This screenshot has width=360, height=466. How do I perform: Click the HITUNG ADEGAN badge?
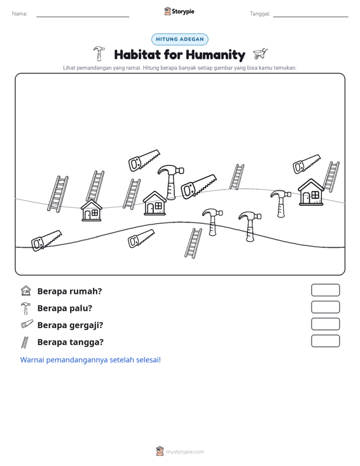[179, 39]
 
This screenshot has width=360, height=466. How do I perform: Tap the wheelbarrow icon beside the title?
[260, 54]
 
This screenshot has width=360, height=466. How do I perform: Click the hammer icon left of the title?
[99, 53]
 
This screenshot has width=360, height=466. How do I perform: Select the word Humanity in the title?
[216, 55]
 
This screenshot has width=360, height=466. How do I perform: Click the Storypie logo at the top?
[179, 11]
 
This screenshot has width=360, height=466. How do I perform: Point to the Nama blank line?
[83, 17]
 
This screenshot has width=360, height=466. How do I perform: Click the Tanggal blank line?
[310, 17]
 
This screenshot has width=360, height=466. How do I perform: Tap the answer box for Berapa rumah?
[325, 290]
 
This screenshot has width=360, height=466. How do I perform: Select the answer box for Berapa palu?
[325, 307]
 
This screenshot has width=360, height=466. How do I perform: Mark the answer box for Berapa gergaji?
[325, 324]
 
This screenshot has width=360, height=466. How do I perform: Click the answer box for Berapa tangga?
[325, 341]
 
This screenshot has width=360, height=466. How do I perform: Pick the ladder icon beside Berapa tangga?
[25, 342]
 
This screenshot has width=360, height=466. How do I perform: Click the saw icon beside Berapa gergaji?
[27, 324]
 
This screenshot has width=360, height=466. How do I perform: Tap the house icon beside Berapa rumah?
[26, 291]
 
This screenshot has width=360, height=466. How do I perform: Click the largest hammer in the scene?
[170, 182]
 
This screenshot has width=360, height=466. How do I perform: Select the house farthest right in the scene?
[311, 192]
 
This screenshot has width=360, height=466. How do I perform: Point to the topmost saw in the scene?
[144, 160]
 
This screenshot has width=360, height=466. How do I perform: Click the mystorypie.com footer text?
[184, 452]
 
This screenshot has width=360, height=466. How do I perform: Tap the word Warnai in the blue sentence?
[32, 360]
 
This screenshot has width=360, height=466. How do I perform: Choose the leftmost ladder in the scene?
[58, 194]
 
